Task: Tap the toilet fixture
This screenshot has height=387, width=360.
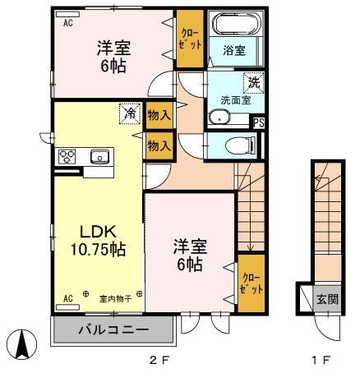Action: (240, 145)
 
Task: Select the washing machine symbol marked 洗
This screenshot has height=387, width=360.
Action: (254, 83)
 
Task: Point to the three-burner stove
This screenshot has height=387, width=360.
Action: (67, 157)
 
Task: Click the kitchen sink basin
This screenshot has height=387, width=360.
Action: (99, 157)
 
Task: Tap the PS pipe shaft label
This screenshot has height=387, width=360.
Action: (259, 123)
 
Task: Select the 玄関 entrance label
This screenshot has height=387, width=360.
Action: (328, 299)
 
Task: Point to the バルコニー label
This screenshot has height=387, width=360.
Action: (113, 329)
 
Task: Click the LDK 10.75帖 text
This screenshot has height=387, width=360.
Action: (98, 241)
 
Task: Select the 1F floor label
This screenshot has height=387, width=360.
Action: (320, 360)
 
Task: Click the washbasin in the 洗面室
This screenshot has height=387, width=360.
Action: (219, 117)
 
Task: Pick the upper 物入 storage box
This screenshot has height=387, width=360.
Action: (159, 115)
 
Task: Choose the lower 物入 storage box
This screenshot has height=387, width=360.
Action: (159, 145)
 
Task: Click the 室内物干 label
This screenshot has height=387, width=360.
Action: (115, 298)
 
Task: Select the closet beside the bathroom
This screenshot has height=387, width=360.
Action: (190, 39)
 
